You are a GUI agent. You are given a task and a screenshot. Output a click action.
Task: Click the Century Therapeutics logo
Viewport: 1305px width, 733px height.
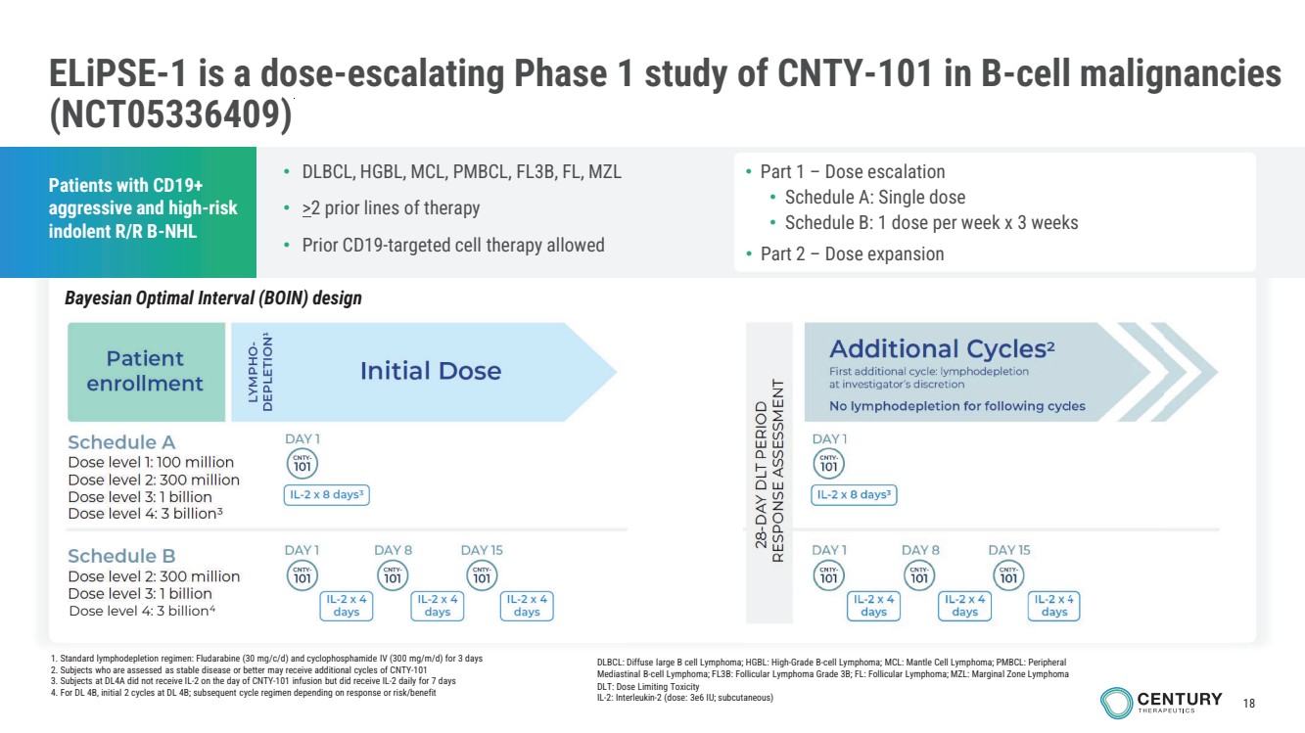[1161, 702]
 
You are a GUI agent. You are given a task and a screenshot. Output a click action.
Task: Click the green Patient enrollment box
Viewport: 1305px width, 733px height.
[145, 372]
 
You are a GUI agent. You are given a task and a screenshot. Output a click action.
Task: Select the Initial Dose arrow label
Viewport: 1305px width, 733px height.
[430, 371]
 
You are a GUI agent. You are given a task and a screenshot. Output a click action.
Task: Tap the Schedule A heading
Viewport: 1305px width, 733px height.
[121, 442]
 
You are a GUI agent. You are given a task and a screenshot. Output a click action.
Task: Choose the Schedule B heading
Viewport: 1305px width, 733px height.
[121, 556]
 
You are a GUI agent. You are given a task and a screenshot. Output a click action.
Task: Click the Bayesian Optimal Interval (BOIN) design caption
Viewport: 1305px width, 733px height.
[212, 298]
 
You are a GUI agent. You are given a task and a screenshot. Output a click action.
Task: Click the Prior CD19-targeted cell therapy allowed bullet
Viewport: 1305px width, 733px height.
[452, 245]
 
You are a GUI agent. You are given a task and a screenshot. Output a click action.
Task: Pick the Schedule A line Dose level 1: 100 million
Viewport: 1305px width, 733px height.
[151, 462]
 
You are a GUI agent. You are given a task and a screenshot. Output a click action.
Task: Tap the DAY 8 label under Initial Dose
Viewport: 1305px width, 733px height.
[393, 550]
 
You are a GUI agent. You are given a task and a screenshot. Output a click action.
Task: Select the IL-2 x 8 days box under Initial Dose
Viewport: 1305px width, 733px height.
[327, 494]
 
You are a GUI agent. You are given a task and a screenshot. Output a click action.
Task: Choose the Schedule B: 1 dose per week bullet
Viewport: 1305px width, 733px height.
[930, 222]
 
